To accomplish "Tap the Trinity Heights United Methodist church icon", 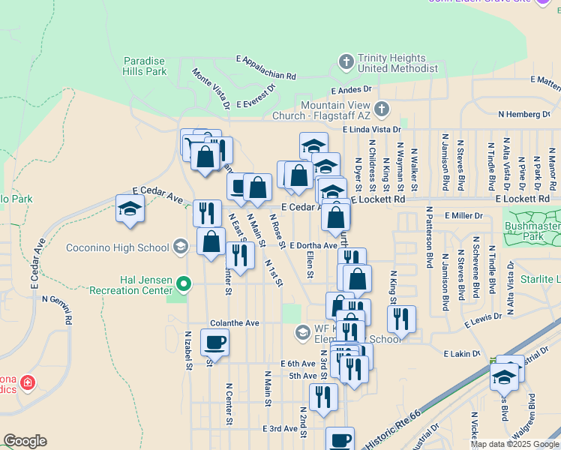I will [346, 61].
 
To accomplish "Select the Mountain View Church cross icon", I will [381, 109].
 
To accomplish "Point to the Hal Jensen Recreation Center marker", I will [184, 283].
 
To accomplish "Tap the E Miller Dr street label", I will [463, 216].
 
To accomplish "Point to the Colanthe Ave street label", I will [235, 323].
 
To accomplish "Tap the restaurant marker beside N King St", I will [402, 319].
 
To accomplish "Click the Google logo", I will [25, 441].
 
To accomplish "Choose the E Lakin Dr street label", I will [461, 353].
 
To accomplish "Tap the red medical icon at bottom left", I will [28, 383].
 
